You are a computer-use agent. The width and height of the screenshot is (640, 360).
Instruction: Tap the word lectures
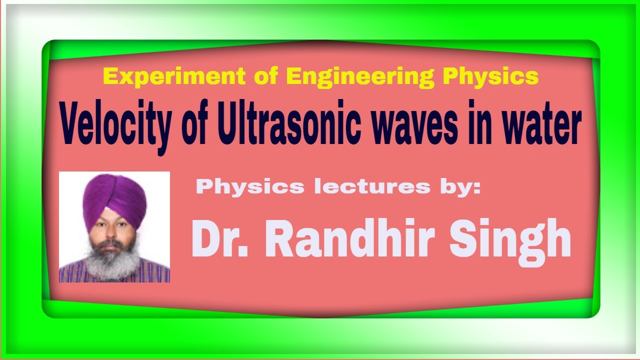pos(372,187)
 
